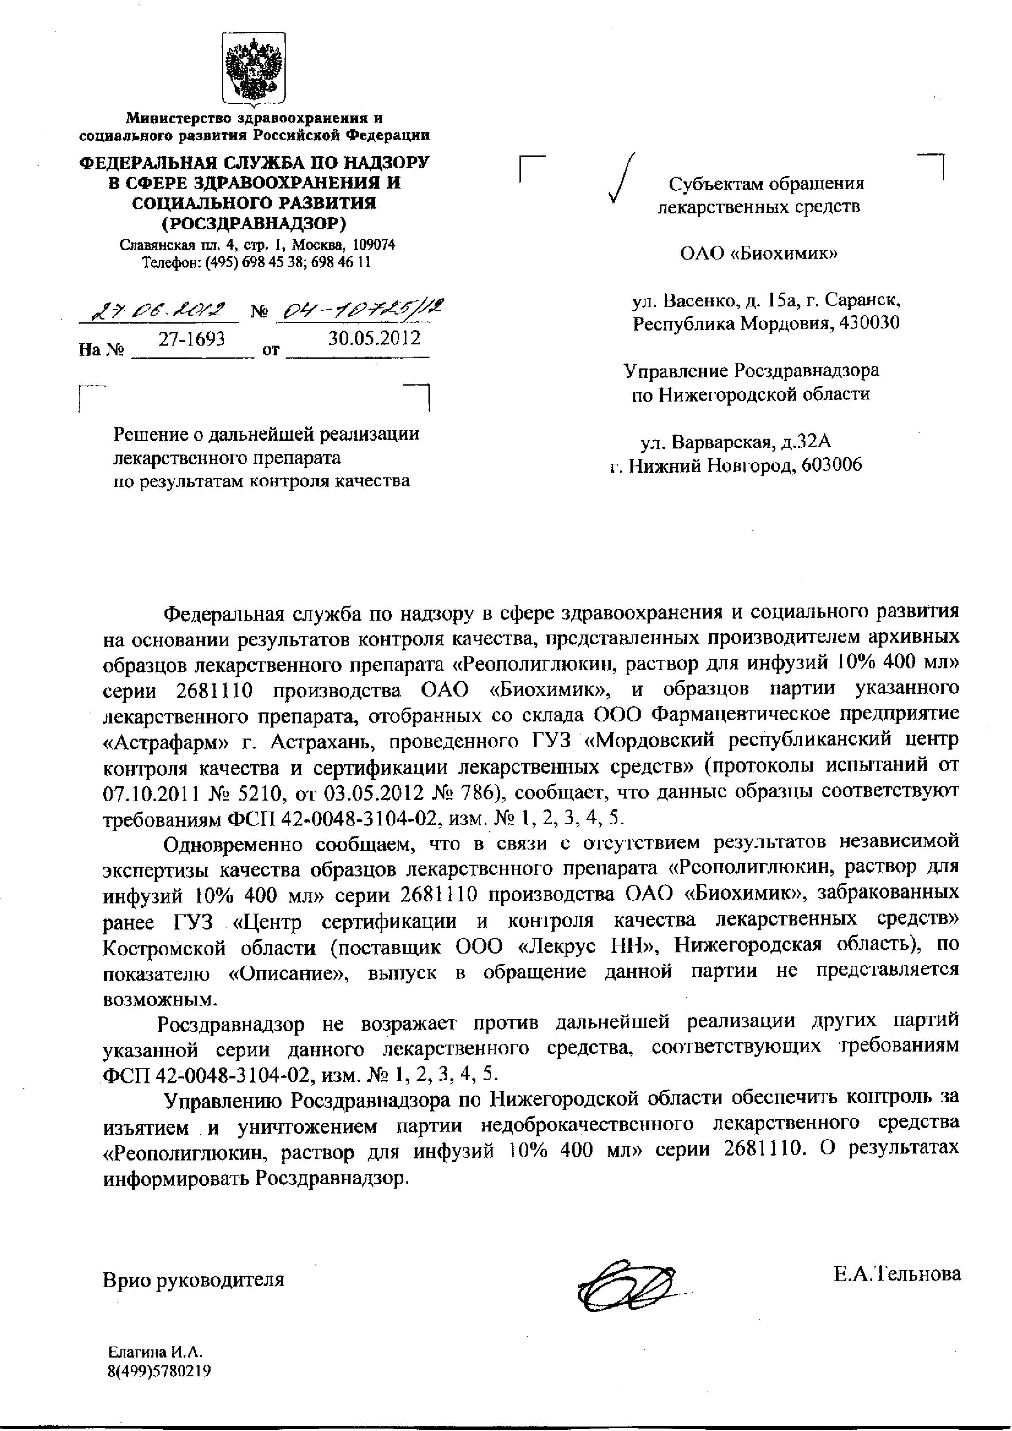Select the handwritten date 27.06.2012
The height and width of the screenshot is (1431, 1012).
pyautogui.click(x=158, y=310)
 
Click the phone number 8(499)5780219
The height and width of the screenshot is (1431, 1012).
pyautogui.click(x=159, y=1371)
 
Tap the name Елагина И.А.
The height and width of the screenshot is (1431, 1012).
pyautogui.click(x=156, y=1353)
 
